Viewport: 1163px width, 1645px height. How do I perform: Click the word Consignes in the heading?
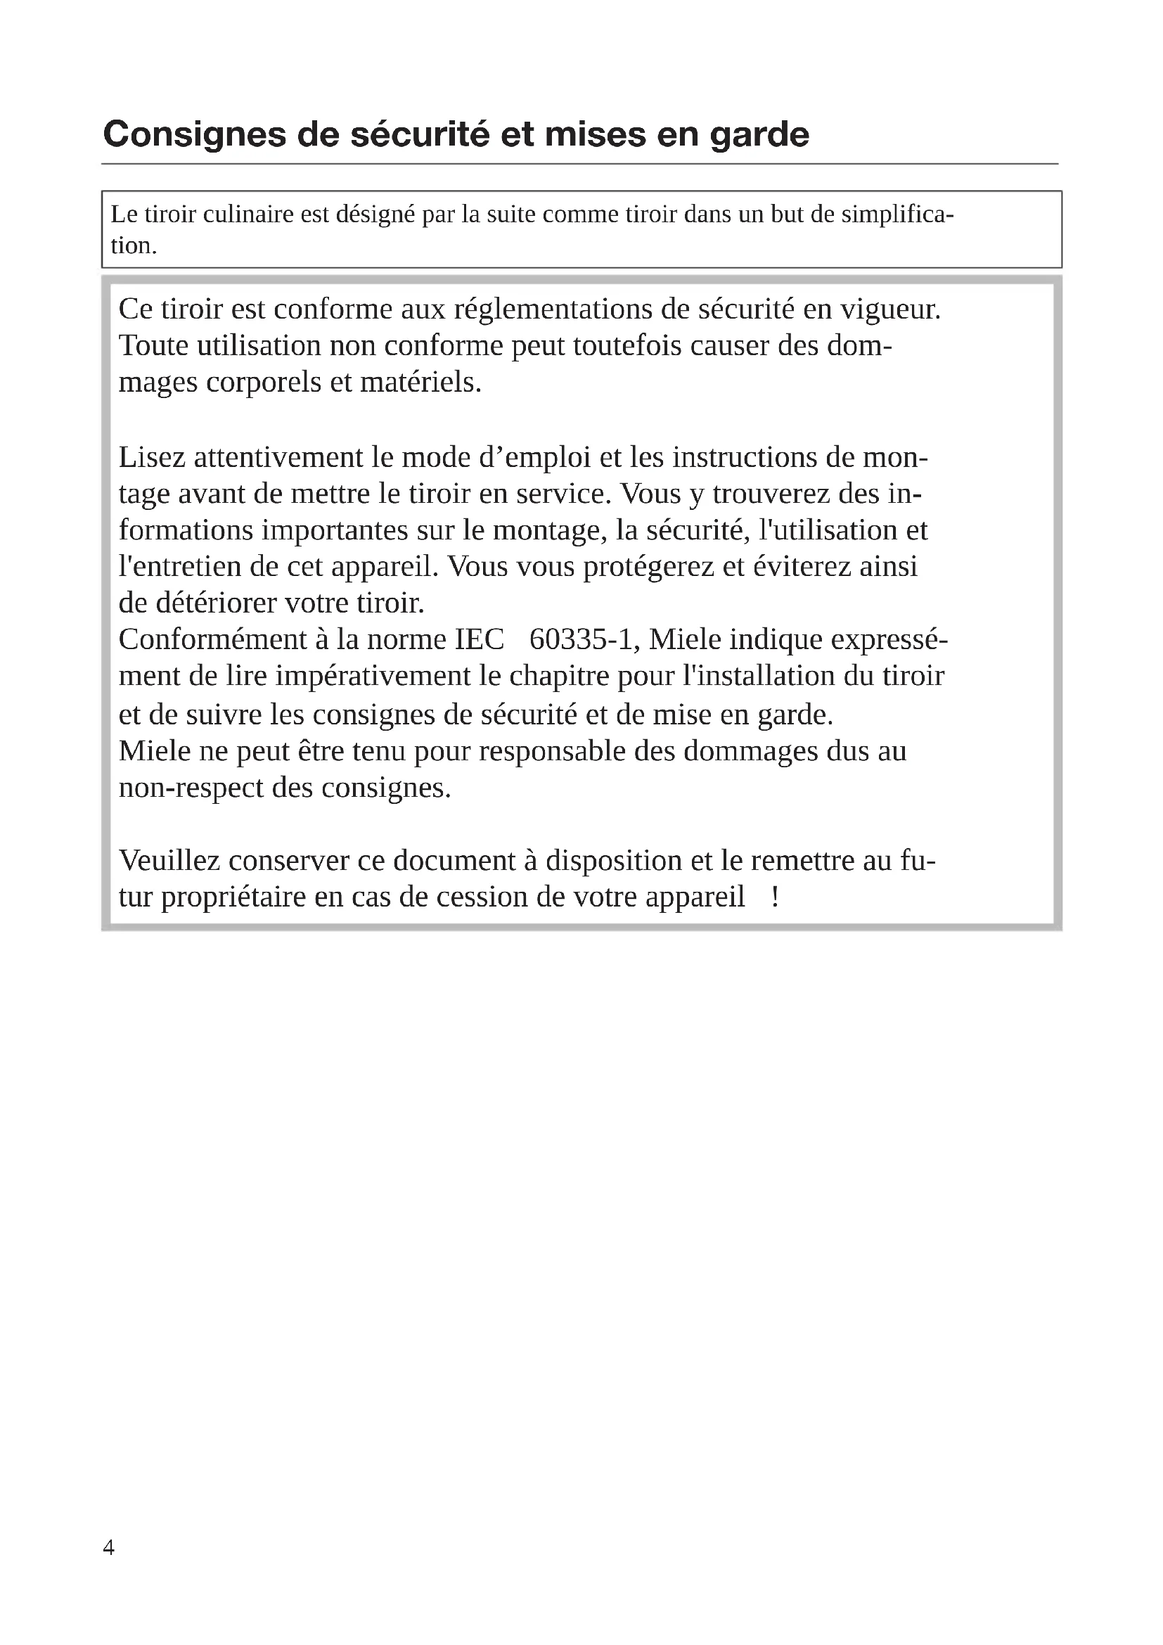click(194, 135)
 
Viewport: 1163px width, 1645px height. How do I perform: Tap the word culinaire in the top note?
click(248, 215)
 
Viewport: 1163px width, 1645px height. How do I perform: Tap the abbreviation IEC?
click(479, 639)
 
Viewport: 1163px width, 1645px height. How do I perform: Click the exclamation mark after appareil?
click(775, 897)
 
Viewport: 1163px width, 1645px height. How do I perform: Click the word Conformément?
click(212, 639)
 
